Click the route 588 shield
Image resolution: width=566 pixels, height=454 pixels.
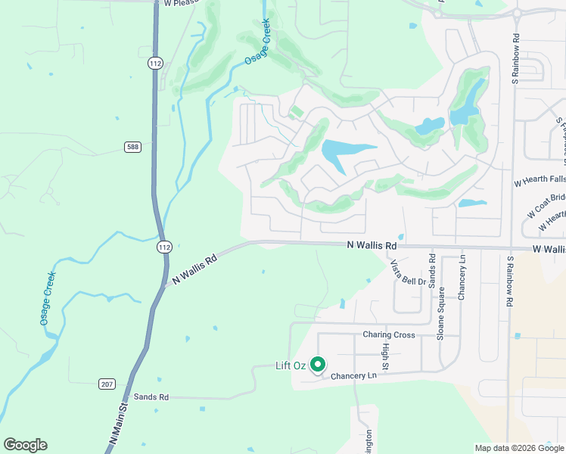click(x=132, y=146)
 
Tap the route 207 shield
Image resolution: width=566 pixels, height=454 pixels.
click(x=107, y=384)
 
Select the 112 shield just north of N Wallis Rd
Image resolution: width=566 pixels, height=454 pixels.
click(x=165, y=247)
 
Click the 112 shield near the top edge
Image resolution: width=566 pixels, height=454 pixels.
click(x=155, y=64)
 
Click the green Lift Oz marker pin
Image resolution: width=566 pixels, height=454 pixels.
click(x=319, y=365)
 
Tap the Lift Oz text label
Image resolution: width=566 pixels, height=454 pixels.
click(x=290, y=366)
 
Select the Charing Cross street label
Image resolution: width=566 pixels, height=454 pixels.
click(x=388, y=334)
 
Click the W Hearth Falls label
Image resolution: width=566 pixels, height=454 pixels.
click(x=540, y=181)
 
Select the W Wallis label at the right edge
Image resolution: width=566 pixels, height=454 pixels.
click(x=549, y=249)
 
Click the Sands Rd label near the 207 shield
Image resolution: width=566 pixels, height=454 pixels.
click(x=151, y=396)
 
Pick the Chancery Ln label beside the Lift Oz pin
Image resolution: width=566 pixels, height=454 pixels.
click(x=353, y=376)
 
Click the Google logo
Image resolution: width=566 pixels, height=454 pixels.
click(x=25, y=445)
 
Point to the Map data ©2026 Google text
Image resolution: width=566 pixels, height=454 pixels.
click(x=518, y=448)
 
